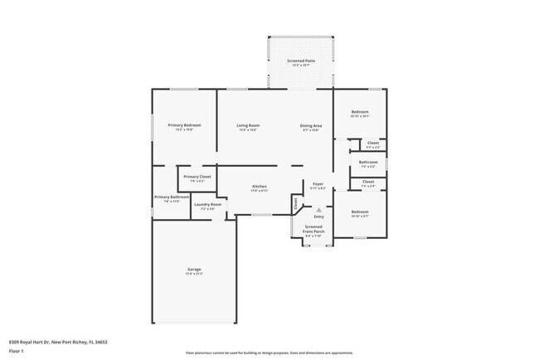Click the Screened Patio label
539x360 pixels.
pos(301,61)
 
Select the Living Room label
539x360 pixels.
pos(248,125)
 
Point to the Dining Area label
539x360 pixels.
pos(311,125)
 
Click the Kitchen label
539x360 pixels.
pos(259,187)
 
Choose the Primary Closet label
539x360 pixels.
pos(197,177)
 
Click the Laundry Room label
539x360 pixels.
pos(207,204)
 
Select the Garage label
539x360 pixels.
pos(193,270)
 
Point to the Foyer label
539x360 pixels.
pos(318,183)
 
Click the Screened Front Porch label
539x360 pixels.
pos(313,228)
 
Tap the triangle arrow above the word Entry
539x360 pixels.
pos(318,209)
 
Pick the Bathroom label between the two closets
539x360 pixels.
pos(368,162)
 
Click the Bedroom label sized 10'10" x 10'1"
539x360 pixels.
pos(360,112)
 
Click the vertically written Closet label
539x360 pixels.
pos(294,202)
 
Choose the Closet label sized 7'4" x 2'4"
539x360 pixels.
pos(368,182)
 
